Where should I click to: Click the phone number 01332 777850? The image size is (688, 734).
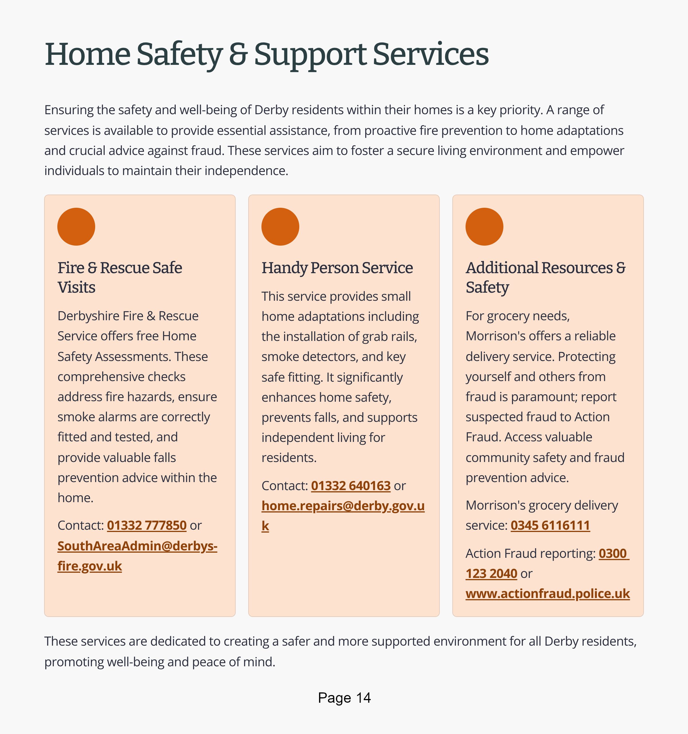(x=146, y=525)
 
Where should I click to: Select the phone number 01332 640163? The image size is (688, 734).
(x=351, y=486)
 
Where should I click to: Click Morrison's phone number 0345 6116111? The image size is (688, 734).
(x=550, y=525)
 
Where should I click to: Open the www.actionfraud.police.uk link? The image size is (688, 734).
(x=548, y=593)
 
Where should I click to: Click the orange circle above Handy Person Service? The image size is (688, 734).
(x=280, y=227)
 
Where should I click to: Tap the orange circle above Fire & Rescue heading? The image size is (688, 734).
(x=76, y=227)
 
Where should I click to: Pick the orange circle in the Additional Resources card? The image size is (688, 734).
(x=484, y=227)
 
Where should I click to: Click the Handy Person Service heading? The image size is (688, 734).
(x=337, y=268)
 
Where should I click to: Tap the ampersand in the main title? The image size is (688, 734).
(x=238, y=55)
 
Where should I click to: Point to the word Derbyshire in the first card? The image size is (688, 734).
(x=87, y=316)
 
